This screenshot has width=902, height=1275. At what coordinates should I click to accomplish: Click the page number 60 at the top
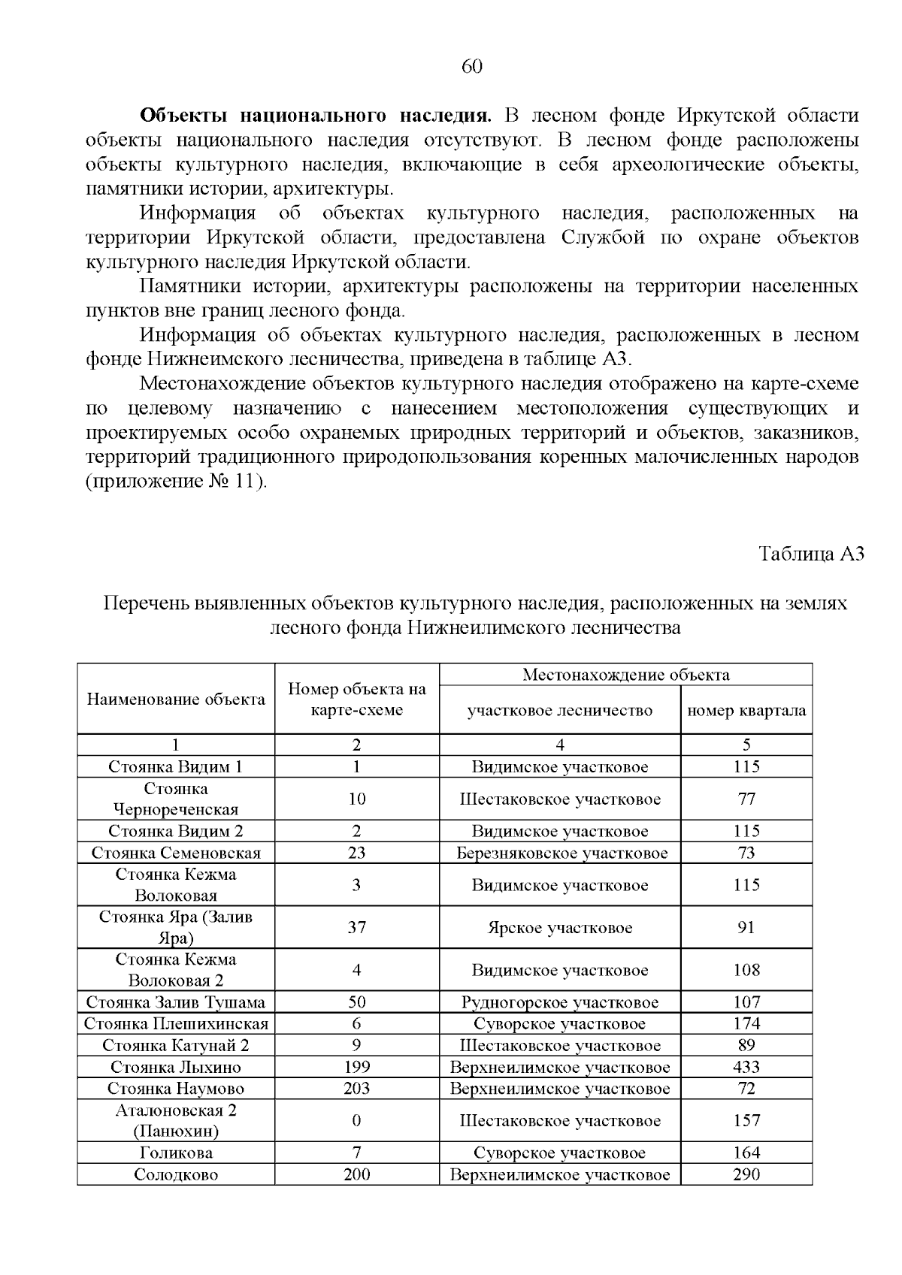(x=471, y=67)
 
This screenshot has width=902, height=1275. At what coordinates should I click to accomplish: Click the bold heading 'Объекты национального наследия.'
(x=316, y=116)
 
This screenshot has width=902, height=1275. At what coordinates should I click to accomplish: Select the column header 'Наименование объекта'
(x=176, y=699)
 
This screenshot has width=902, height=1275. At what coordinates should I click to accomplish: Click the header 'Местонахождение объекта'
(x=625, y=675)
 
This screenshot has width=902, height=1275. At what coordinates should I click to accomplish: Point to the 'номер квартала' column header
(x=746, y=711)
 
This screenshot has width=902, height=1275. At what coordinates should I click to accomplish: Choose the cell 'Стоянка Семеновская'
(x=176, y=853)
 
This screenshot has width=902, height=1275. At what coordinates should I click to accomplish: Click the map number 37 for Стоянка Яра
(x=356, y=927)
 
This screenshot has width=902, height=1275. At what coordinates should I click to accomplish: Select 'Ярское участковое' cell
(x=559, y=928)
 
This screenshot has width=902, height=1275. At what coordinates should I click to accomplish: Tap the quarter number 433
(x=746, y=1067)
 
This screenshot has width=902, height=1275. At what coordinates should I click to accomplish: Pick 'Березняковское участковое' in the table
(x=559, y=853)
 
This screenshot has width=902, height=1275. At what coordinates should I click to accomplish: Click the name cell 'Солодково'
(x=176, y=1175)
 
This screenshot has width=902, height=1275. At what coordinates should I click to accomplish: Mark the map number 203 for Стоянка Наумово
(x=356, y=1089)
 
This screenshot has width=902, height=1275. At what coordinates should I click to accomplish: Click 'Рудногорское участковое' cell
(x=559, y=1002)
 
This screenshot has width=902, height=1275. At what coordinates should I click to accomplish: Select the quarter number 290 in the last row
(x=746, y=1175)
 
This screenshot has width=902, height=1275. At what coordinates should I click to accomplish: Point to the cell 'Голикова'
(x=176, y=1153)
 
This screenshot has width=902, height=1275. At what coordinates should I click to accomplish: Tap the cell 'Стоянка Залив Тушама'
(x=176, y=1002)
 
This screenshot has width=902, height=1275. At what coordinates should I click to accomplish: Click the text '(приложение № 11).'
(x=176, y=482)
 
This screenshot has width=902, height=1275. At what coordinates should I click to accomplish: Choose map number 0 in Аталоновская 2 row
(x=356, y=1121)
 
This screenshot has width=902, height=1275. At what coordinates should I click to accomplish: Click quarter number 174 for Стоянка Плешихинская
(x=746, y=1024)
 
